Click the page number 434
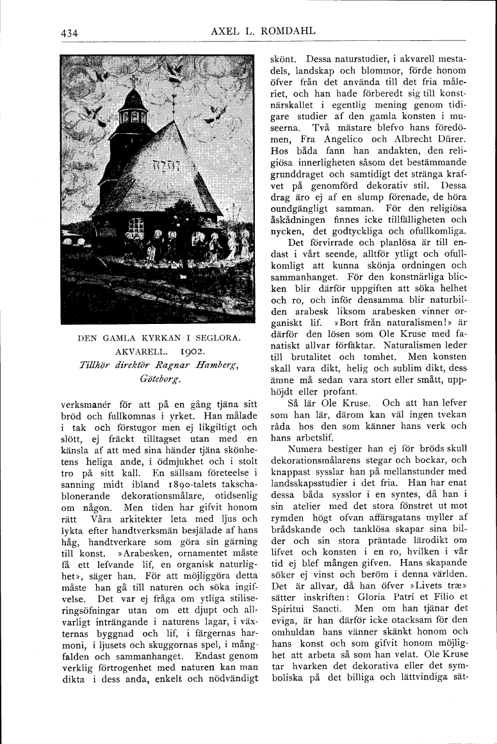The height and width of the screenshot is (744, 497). [69, 34]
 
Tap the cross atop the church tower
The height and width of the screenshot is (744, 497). [133, 81]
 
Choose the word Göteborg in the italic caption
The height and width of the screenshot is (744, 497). [158, 379]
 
